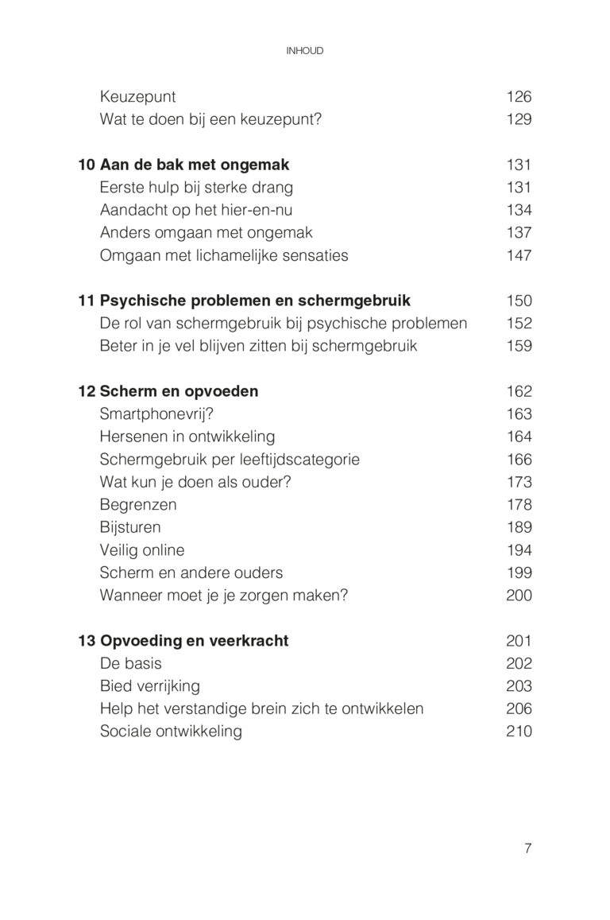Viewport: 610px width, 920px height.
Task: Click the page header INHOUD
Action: [304, 51]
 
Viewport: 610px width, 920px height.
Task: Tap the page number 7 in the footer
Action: [527, 848]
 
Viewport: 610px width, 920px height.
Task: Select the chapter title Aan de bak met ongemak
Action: [195, 165]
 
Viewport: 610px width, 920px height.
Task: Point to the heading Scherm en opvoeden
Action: [179, 391]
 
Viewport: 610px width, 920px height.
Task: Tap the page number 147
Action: [519, 256]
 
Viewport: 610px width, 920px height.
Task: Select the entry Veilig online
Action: [142, 550]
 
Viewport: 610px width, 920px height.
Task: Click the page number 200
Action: [519, 596]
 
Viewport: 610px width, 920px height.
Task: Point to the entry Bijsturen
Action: [130, 527]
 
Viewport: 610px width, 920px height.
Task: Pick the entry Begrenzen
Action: [138, 505]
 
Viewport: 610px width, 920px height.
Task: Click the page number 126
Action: [519, 97]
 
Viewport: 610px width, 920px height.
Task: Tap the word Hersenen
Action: [132, 437]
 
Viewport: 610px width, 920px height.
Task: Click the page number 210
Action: [519, 732]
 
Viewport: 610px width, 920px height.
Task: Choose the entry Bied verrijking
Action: [150, 686]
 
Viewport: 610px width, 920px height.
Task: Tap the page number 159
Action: [519, 346]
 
